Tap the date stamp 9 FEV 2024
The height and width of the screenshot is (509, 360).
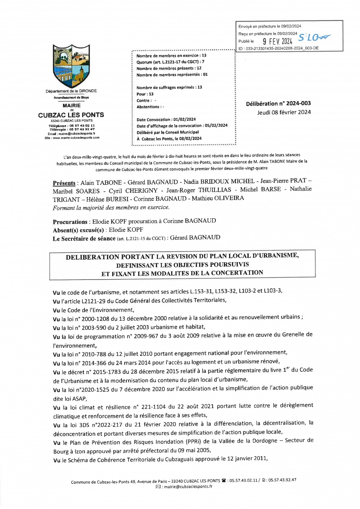coord(277,41)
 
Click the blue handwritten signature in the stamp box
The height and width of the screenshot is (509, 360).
coord(314,38)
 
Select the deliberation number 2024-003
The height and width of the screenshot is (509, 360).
coord(298,103)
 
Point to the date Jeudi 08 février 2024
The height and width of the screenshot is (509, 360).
coord(284,112)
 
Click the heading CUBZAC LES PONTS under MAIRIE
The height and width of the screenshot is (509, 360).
coord(71,115)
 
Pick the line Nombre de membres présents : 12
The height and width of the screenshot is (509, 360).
coord(169,68)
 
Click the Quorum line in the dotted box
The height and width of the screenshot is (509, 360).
coord(170,62)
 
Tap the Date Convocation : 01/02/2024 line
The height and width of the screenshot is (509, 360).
coord(166,120)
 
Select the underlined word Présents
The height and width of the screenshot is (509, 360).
coord(64,183)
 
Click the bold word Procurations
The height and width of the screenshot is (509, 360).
coord(70,222)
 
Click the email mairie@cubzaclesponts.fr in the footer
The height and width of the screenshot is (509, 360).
coord(188,486)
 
